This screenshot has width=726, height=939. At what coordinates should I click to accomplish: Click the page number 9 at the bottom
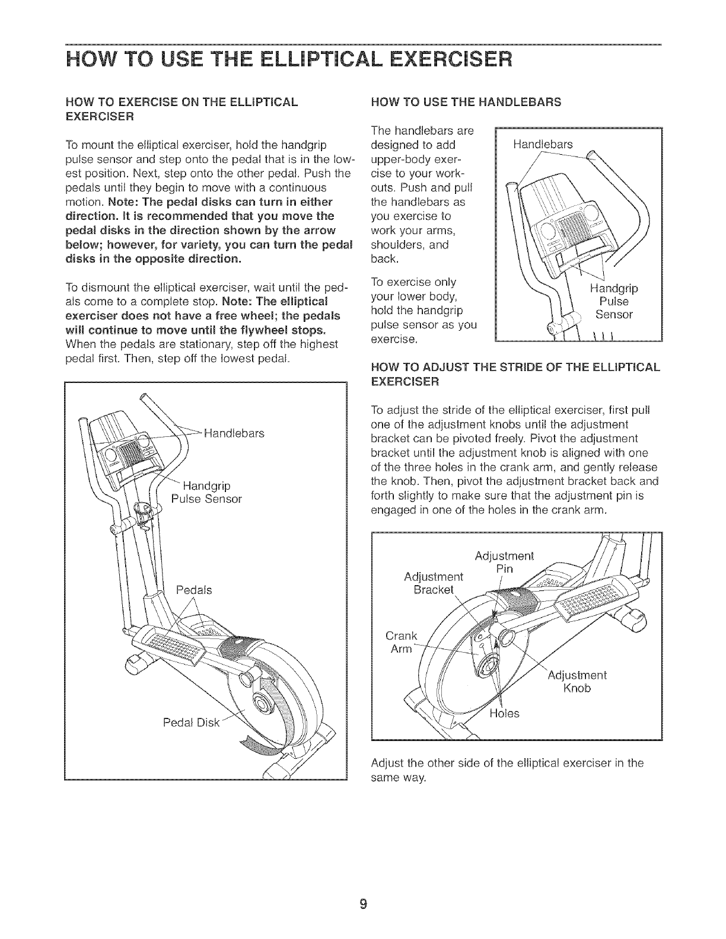[364, 905]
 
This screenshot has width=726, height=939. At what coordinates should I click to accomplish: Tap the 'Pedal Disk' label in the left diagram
[192, 723]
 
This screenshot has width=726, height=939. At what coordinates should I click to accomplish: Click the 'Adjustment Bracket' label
[433, 584]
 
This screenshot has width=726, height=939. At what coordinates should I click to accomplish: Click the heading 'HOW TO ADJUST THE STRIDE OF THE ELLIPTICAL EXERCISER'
[514, 375]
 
